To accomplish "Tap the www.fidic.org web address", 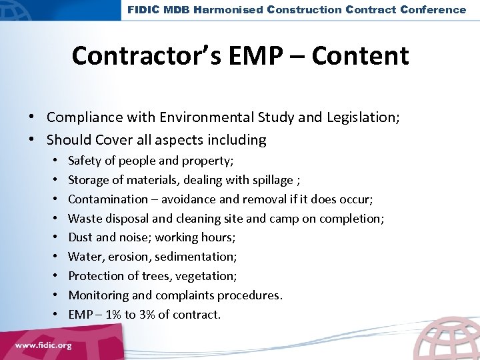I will (x=44, y=347).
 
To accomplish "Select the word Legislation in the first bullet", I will (x=365, y=117).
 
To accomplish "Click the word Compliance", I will (x=85, y=117).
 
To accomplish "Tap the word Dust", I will (x=81, y=237).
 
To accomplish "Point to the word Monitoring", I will (x=96, y=295).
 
